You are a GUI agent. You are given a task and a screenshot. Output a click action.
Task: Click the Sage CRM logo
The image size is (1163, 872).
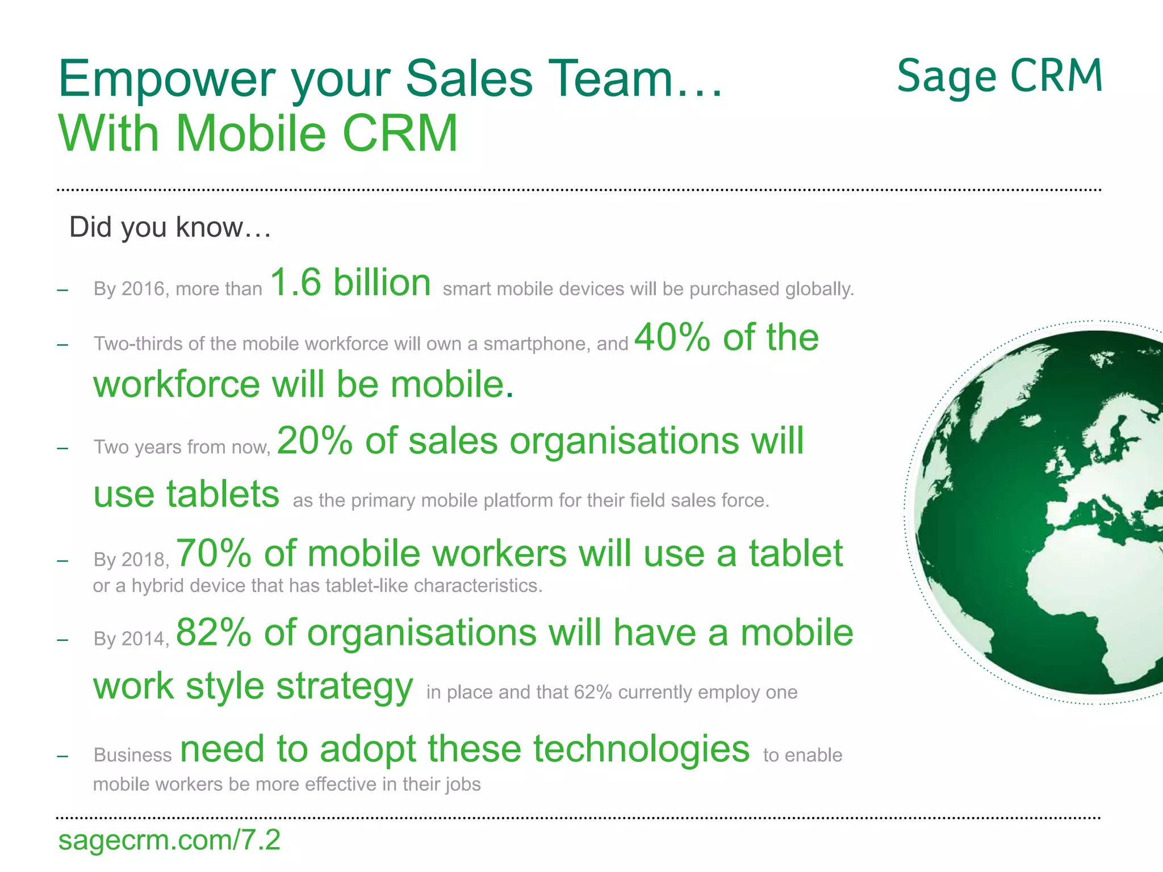[x=999, y=77]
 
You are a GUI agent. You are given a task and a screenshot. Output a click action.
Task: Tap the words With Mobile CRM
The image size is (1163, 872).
[x=258, y=134]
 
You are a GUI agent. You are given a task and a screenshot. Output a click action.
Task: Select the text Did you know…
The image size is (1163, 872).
[x=170, y=227]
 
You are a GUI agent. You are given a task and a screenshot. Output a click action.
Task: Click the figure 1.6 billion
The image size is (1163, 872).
[x=350, y=283]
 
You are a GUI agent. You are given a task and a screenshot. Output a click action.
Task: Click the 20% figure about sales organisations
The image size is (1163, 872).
[x=314, y=441]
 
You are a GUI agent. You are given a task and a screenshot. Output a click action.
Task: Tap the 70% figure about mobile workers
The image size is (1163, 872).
[x=214, y=554]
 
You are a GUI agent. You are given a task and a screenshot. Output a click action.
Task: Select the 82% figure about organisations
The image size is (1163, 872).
[x=214, y=632]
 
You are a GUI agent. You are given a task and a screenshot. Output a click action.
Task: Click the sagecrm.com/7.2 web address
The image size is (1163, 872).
[x=169, y=840]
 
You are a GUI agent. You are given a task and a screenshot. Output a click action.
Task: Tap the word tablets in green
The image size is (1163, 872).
[x=223, y=494]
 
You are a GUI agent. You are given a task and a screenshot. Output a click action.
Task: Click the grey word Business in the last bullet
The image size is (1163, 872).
[x=132, y=755]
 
